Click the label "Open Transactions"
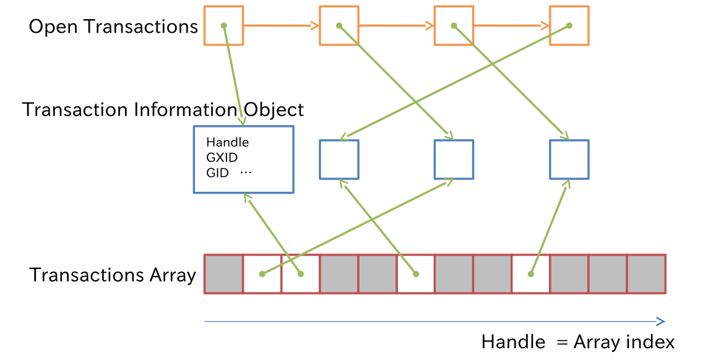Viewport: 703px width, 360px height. tap(113, 27)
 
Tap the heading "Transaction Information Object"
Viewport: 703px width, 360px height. tap(163, 110)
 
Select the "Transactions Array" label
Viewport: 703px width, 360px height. tap(113, 275)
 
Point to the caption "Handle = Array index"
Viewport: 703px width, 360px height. tap(577, 342)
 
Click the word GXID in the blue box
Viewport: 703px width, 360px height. tap(222, 158)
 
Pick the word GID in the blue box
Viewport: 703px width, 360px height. tap(217, 173)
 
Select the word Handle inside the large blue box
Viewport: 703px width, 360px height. tap(227, 142)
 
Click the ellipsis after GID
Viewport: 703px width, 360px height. tap(246, 173)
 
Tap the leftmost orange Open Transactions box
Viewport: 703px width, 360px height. tap(223, 26)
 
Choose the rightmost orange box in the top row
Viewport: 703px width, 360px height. tap(569, 26)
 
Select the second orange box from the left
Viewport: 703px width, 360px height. tap(339, 26)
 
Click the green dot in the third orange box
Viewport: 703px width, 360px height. tap(454, 26)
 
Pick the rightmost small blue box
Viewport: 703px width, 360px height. tap(569, 160)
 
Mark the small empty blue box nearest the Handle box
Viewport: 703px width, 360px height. tap(339, 160)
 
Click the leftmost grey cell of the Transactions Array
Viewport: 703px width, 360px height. tap(223, 273)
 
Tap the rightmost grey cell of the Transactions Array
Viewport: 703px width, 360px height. tap(646, 273)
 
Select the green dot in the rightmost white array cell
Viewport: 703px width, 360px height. tap(530, 273)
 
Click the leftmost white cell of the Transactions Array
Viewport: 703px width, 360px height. tap(262, 273)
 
